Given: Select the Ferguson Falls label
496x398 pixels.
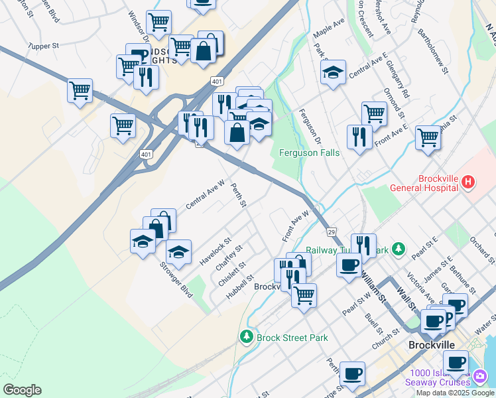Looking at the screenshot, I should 309,153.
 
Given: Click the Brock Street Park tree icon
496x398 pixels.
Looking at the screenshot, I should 247,337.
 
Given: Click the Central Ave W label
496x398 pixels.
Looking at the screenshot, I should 206,195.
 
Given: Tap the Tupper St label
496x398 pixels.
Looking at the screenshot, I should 44,46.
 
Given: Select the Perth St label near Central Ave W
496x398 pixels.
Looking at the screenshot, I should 238,194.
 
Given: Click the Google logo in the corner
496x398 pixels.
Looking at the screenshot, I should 21,390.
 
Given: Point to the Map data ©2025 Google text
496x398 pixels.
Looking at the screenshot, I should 455,393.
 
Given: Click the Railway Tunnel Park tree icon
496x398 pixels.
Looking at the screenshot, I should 398,249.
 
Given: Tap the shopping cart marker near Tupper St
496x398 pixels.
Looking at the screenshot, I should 80,89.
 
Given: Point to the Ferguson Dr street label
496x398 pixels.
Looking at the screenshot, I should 310,127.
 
